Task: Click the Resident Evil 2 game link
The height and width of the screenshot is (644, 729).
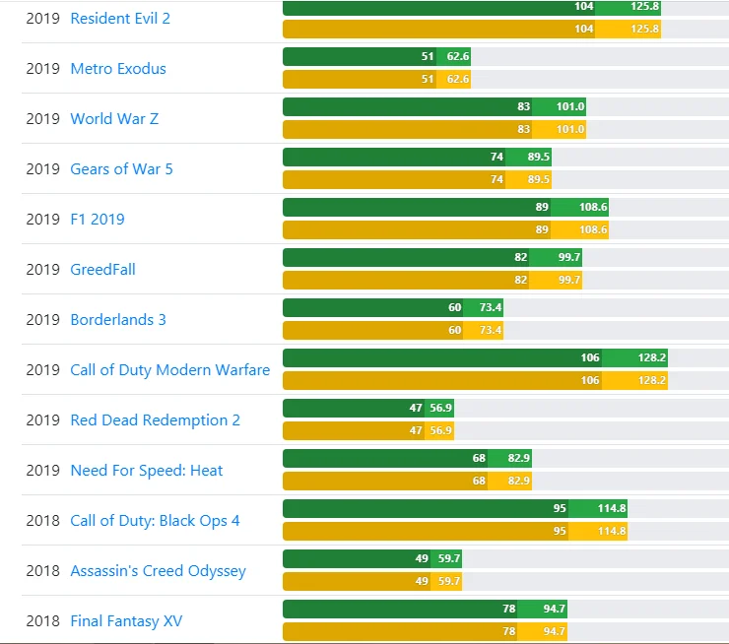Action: point(120,19)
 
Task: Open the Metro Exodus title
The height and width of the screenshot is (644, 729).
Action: point(118,69)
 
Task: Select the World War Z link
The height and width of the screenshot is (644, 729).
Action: point(114,119)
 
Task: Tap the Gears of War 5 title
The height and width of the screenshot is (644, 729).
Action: point(121,169)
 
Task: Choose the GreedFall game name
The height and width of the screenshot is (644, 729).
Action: point(102,270)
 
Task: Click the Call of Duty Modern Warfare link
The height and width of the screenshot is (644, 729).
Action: point(169,370)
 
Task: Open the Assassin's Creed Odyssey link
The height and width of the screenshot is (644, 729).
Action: point(158,571)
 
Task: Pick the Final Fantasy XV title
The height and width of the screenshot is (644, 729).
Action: point(126,621)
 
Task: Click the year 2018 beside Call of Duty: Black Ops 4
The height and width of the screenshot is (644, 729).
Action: point(43,521)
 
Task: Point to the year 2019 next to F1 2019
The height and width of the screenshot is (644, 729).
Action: point(43,220)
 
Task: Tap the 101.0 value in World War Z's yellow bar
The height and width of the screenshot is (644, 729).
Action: point(570,129)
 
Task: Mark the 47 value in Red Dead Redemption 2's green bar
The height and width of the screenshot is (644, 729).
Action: point(416,408)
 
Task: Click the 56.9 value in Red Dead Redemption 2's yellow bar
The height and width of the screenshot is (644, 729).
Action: point(440,430)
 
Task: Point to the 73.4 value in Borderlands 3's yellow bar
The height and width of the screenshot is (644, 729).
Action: point(490,330)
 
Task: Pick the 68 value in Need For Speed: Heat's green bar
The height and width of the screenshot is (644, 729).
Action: point(479,458)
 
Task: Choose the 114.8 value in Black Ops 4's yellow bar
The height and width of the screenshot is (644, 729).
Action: point(612,531)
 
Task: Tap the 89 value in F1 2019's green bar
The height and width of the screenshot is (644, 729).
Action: point(542,207)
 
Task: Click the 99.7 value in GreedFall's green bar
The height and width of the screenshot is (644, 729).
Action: point(569,257)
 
